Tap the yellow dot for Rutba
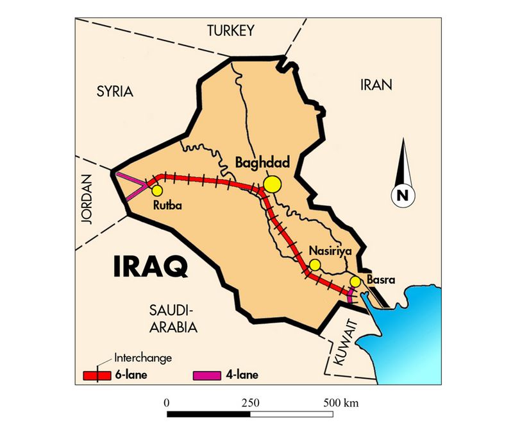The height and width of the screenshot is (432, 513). [x=156, y=190]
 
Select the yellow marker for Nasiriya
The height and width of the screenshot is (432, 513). [x=314, y=264]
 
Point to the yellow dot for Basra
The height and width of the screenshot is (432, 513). [x=355, y=281]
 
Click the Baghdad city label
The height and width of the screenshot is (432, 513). [x=264, y=164]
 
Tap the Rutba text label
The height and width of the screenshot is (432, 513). [x=169, y=206]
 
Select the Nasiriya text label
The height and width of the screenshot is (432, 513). [x=332, y=251]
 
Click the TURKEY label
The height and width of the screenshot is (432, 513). [x=230, y=30]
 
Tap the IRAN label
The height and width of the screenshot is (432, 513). [x=376, y=85]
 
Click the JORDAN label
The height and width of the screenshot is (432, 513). [x=88, y=200]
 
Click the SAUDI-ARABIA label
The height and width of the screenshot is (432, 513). [x=169, y=319]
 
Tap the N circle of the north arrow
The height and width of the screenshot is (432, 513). [x=403, y=196]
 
